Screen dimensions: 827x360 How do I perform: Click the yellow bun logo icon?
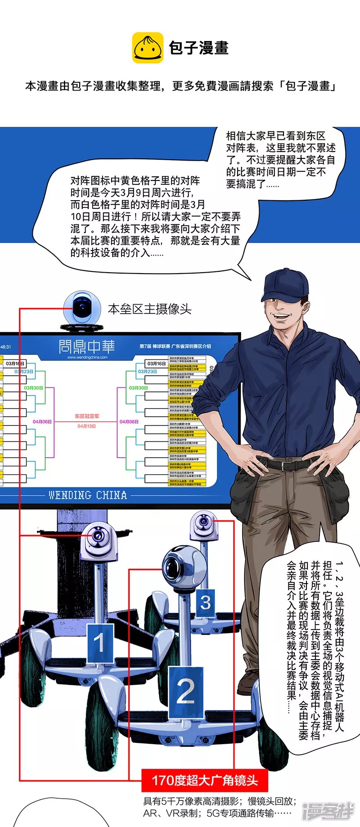[x=148, y=48]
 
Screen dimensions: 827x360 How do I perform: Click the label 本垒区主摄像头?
[x=150, y=309]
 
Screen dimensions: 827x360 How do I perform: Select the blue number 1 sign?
[x=99, y=643]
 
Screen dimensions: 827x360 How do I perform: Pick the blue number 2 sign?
[x=185, y=692]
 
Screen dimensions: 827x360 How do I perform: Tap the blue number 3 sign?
[x=205, y=602]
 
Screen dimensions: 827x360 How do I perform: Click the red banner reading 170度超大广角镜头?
[x=204, y=780]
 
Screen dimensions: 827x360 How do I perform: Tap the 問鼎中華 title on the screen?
[x=87, y=346]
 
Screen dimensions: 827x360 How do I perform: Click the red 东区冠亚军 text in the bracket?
[x=87, y=416]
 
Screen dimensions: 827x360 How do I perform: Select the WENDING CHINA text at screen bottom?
[x=88, y=495]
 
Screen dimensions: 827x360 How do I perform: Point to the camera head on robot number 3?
[x=204, y=524]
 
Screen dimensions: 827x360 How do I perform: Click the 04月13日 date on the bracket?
[x=86, y=426]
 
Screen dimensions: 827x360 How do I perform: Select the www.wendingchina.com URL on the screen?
[x=87, y=357]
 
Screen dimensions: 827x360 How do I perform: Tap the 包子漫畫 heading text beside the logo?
[x=198, y=48]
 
